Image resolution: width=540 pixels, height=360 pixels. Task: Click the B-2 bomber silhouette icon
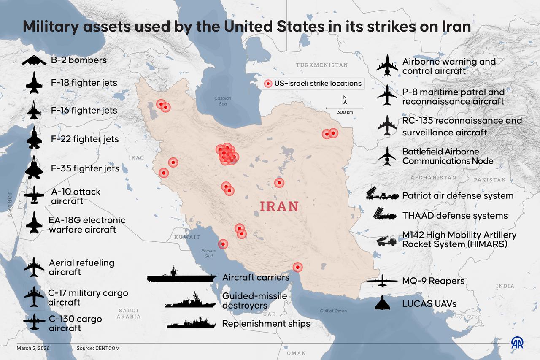tap(34, 61)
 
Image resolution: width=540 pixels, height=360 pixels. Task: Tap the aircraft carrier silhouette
tap(181, 277)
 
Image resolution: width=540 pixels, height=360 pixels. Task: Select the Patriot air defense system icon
tap(382, 194)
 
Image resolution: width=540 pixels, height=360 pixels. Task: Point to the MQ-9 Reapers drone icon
tap(383, 281)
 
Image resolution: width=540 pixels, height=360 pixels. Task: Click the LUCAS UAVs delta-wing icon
tap(383, 303)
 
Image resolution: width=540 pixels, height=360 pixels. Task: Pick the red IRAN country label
tap(279, 206)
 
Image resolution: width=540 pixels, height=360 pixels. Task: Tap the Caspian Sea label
tap(223, 101)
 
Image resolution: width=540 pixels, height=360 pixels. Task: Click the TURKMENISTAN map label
tap(321, 65)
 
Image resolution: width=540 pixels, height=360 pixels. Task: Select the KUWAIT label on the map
tap(187, 237)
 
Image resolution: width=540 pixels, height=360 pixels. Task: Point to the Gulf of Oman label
tap(333, 311)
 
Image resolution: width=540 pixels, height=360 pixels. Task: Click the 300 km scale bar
tap(345, 109)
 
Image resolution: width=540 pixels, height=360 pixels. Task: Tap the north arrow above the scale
tap(345, 100)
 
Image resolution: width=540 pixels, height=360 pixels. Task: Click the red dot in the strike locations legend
tap(267, 84)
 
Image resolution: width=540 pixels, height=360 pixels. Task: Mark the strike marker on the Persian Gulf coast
tap(223, 244)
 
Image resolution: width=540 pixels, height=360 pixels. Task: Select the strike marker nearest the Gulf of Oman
tap(297, 267)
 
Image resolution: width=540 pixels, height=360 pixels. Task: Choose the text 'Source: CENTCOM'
tap(98, 348)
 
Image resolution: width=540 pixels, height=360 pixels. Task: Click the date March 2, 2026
tap(33, 348)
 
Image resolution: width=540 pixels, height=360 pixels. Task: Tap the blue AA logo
tap(517, 343)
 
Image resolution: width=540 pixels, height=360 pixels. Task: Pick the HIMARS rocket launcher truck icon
tap(386, 241)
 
